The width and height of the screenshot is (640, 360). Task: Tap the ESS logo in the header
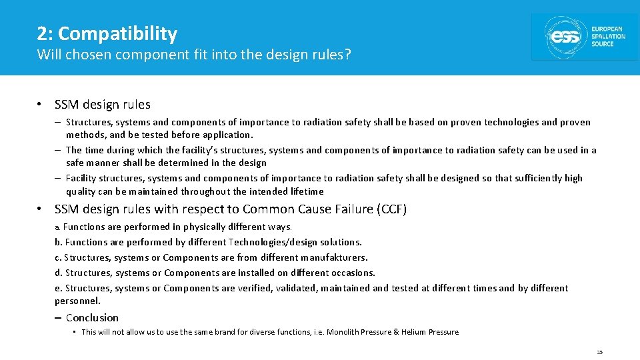click(584, 37)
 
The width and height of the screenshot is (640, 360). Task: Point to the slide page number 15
click(599, 352)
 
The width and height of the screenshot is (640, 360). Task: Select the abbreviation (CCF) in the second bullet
click(391, 209)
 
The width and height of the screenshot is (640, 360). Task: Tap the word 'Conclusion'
click(92, 318)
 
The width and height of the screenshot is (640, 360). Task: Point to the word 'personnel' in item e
click(76, 301)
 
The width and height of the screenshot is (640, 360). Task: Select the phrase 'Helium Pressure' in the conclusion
click(433, 332)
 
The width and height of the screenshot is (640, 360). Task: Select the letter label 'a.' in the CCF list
click(58, 227)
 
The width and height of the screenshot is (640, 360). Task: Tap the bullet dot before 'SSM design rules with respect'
click(41, 209)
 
